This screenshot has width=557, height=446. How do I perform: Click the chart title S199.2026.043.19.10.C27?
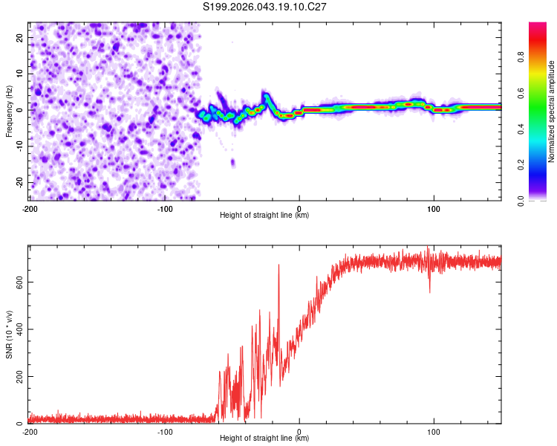pos(265,7)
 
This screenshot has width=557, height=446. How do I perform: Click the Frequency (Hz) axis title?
pos(9,110)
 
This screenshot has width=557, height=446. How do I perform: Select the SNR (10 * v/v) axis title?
pos(9,334)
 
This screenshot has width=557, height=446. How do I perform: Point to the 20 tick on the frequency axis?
pos(20,36)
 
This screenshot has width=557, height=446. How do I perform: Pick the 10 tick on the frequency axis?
pos(20,73)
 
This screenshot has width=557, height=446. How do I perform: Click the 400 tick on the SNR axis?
pos(16,329)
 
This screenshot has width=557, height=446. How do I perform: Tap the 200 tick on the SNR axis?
pos(16,376)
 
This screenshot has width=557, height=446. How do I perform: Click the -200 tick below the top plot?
pos(29,208)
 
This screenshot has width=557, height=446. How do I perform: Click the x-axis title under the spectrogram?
pos(264,216)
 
